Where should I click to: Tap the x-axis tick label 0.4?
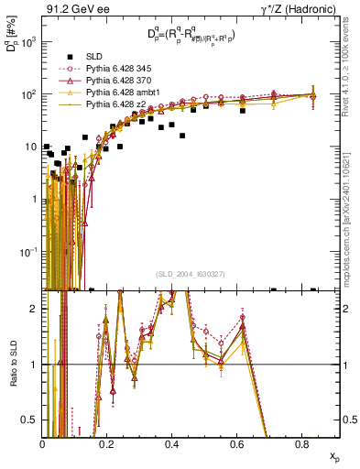click(171, 442)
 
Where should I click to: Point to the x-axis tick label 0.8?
click(300, 442)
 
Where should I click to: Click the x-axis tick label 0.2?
click(107, 442)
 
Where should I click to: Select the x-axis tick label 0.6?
click(236, 442)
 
